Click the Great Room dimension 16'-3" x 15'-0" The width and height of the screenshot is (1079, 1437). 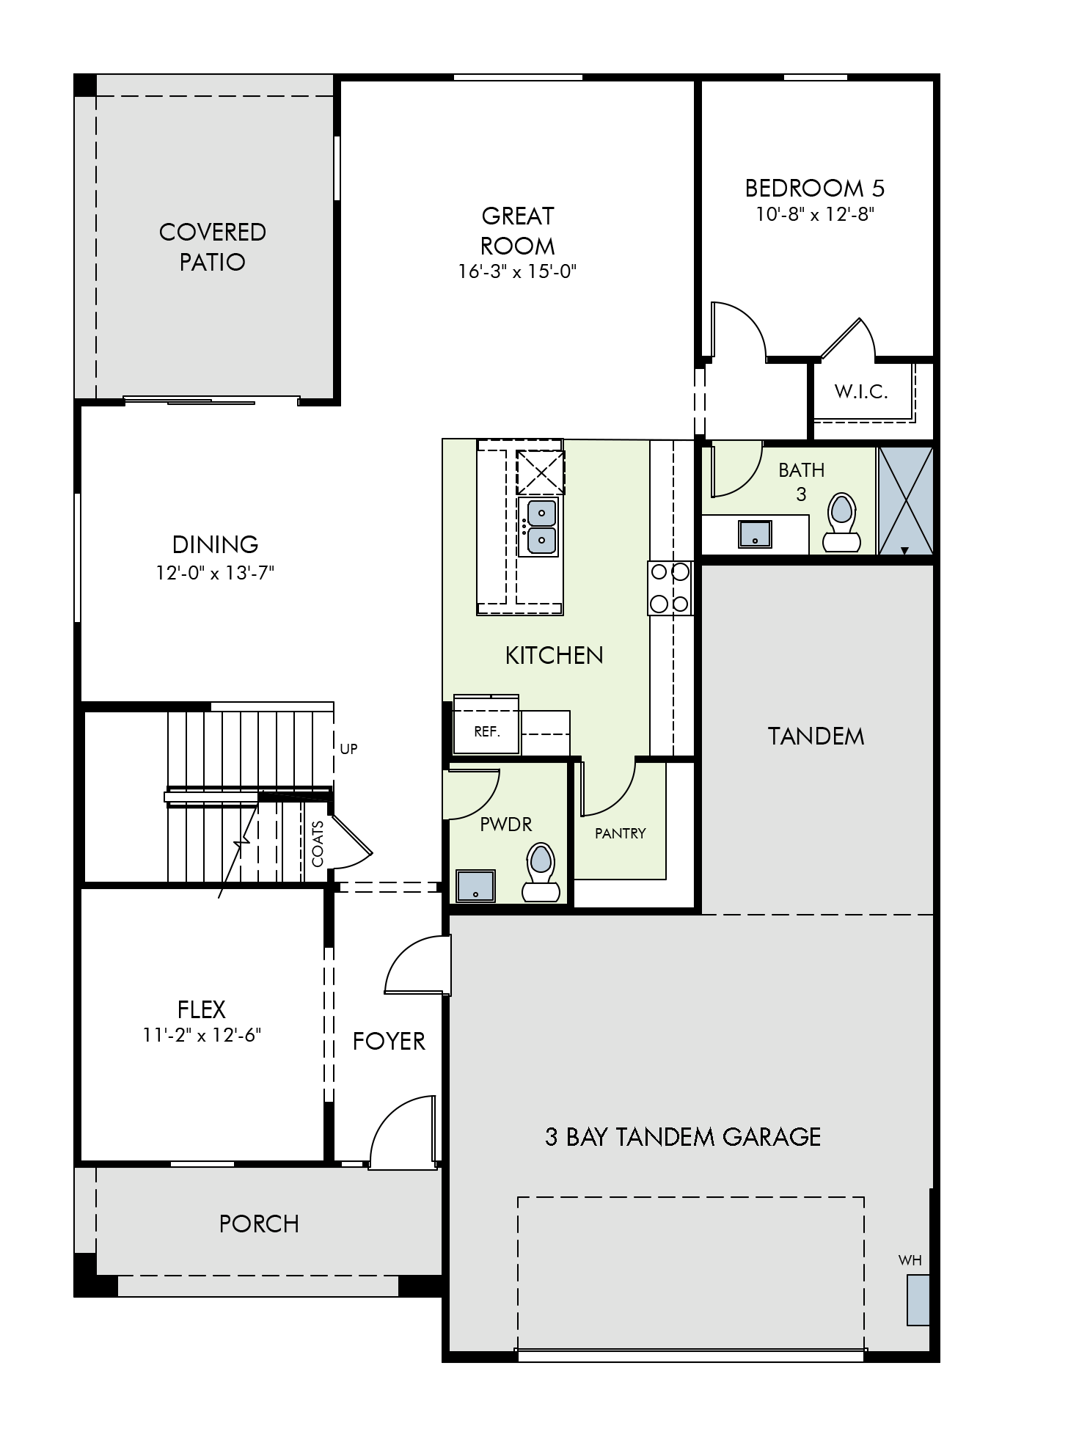[517, 272]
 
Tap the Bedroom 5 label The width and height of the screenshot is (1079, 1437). [814, 189]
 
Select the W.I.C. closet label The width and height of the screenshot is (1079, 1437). [861, 392]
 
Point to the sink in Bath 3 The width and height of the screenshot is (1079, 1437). [755, 533]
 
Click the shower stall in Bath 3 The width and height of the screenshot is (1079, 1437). [905, 500]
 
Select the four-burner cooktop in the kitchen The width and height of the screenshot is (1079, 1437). [670, 588]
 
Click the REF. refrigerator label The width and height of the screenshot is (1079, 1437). [486, 731]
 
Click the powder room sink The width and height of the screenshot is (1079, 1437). [475, 885]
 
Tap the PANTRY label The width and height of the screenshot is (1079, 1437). [620, 833]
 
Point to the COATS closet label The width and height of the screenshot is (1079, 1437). [318, 844]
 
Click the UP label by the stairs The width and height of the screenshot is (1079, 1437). [348, 749]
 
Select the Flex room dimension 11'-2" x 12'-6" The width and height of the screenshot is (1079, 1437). [202, 1035]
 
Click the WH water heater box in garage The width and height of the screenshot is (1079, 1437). [917, 1300]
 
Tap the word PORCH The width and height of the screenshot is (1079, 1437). [259, 1224]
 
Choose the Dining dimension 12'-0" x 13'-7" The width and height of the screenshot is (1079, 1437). [214, 573]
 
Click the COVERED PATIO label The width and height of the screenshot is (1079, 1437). [212, 246]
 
